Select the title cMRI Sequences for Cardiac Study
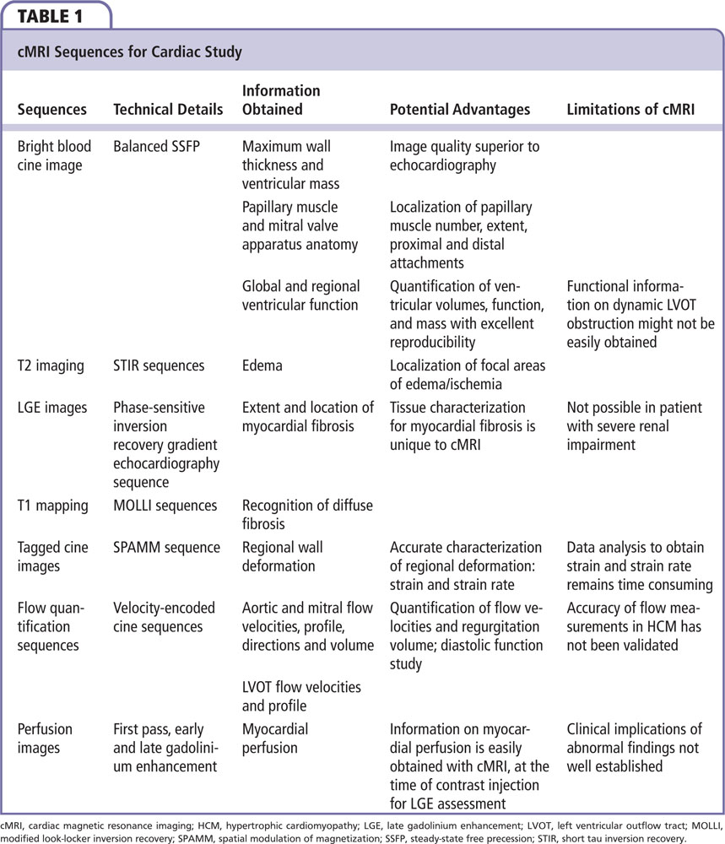pyautogui.click(x=130, y=52)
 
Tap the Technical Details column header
pyautogui.click(x=168, y=109)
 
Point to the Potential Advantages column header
pyautogui.click(x=460, y=109)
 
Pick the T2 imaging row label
pyautogui.click(x=51, y=366)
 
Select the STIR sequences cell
pyautogui.click(x=159, y=366)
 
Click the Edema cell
pyautogui.click(x=262, y=366)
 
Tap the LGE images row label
pyautogui.click(x=52, y=408)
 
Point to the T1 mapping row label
pyautogui.click(x=52, y=506)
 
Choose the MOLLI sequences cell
pyautogui.click(x=165, y=506)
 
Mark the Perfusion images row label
pyautogui.click(x=46, y=738)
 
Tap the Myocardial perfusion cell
pyautogui.click(x=275, y=738)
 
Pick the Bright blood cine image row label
pyautogui.click(x=54, y=155)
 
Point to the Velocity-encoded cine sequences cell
pyautogui.click(x=165, y=617)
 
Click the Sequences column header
pyautogui.click(x=52, y=109)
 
